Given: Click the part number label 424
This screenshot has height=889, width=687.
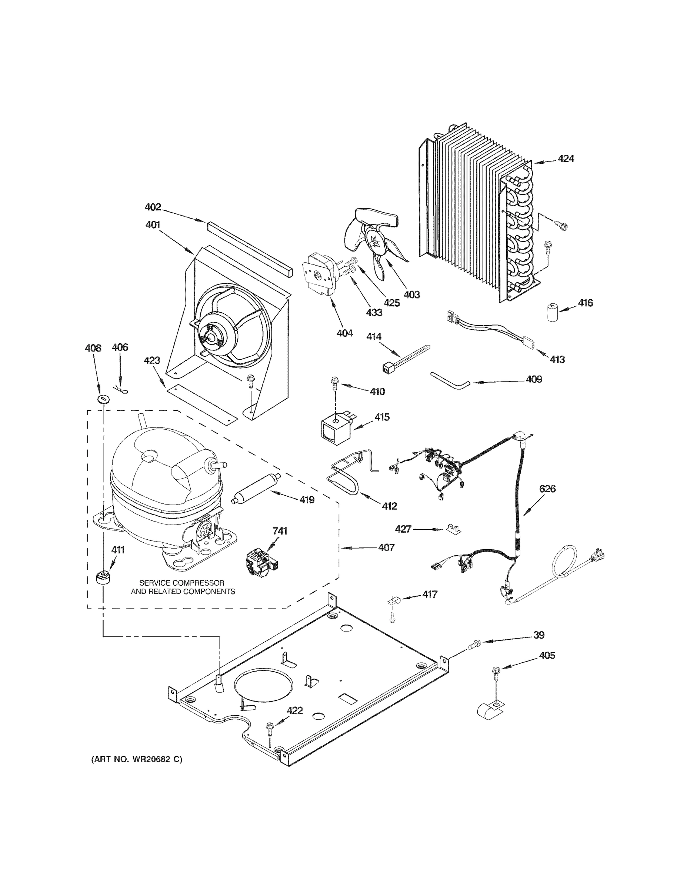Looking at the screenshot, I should click(x=566, y=159).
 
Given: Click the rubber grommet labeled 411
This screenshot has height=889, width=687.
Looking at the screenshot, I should click(x=104, y=577).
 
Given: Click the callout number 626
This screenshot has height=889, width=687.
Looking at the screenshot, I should click(x=547, y=489).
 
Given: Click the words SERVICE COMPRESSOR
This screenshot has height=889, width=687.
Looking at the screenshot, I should click(x=181, y=583).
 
